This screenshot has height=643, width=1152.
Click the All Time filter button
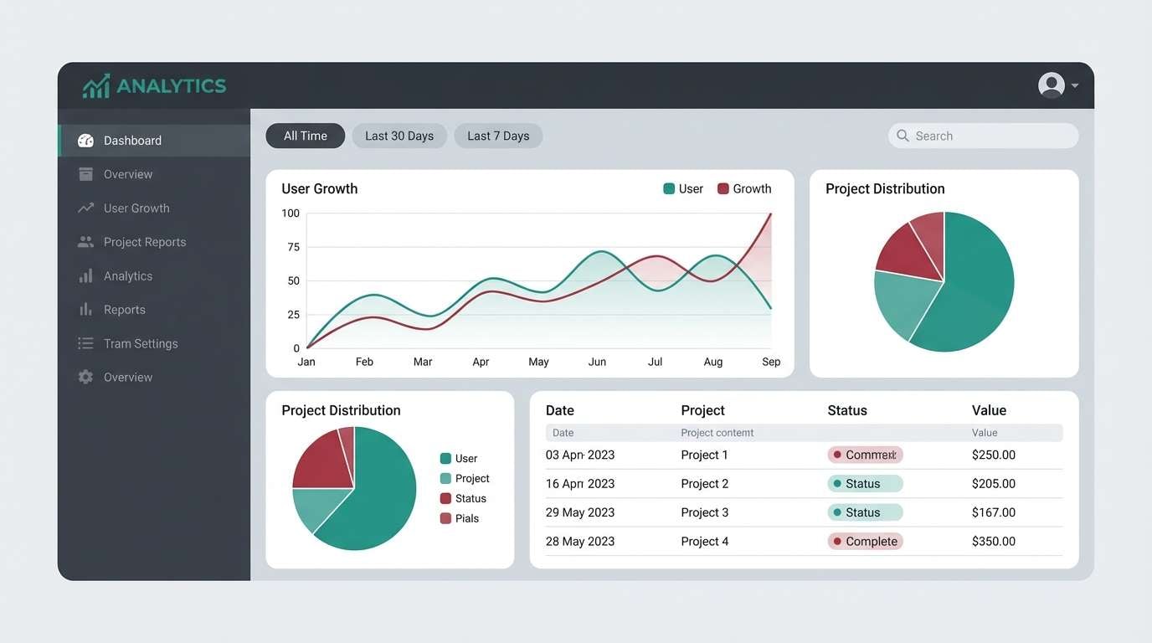[x=305, y=136]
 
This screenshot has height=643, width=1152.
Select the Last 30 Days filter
[x=399, y=136]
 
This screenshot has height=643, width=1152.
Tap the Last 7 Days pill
[x=498, y=136]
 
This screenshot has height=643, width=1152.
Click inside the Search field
[x=988, y=136]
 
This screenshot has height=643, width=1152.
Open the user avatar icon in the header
[x=1051, y=85]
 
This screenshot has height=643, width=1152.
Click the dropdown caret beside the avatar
[x=1075, y=85]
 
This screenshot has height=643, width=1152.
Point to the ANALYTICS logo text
[x=171, y=85]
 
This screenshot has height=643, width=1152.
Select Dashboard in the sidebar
[x=132, y=141]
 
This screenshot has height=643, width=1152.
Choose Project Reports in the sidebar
[x=144, y=242]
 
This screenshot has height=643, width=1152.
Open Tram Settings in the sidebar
[x=140, y=343]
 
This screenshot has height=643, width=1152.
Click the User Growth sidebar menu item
[x=136, y=208]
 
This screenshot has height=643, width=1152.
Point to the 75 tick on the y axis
[x=292, y=247]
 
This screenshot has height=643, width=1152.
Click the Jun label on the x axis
[x=597, y=362]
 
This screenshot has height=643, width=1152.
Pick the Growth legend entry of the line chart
[x=744, y=189]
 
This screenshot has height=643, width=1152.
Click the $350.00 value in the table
[x=993, y=541]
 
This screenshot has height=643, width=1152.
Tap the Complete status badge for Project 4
[x=866, y=541]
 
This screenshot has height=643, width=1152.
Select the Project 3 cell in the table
[x=704, y=512]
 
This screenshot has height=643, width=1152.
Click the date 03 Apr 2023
[x=580, y=455]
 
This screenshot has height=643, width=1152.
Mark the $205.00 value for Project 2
[x=993, y=484]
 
